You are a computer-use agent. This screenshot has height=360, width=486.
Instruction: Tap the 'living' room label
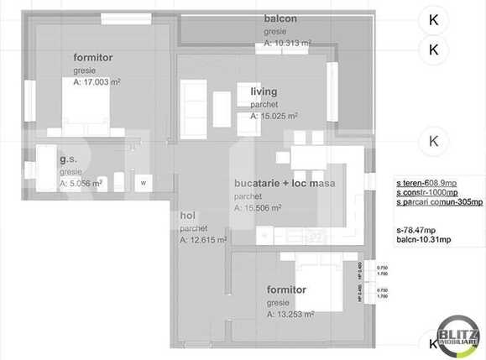click(264, 91)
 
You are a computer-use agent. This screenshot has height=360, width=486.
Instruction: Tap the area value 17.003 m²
click(97, 82)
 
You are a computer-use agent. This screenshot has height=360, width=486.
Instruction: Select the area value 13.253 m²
click(290, 315)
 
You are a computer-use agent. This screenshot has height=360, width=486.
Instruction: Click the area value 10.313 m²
click(288, 42)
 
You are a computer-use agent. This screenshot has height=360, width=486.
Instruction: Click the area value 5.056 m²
click(81, 182)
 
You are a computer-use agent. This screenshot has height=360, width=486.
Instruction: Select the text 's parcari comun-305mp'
click(439, 202)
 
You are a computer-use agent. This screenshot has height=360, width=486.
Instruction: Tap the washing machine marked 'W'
click(143, 182)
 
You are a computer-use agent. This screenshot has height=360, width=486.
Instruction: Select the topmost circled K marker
click(433, 18)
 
